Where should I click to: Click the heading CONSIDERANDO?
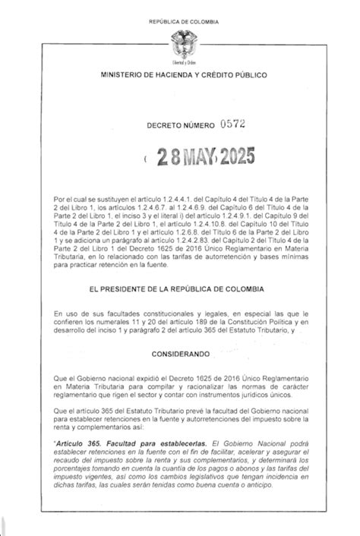(x=180, y=354)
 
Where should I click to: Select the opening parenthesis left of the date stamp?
(x=144, y=159)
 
